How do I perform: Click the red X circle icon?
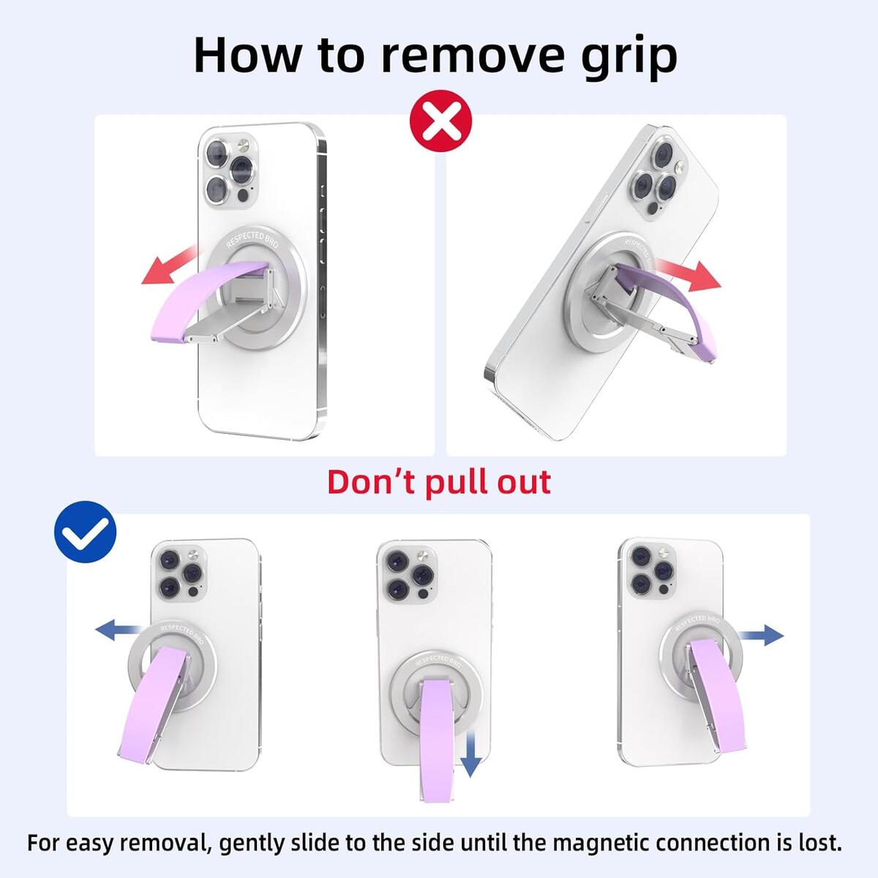click(440, 121)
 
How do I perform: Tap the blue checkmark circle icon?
click(86, 532)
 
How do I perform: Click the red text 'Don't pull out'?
click(438, 483)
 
